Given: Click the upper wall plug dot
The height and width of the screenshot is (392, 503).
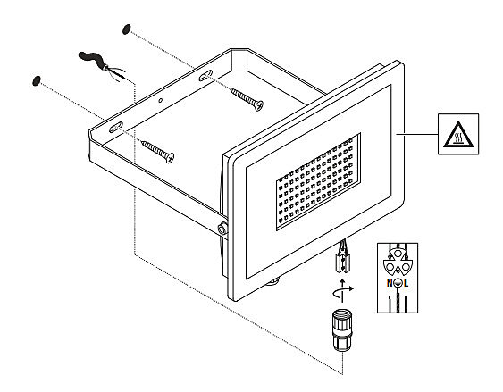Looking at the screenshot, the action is [127, 29].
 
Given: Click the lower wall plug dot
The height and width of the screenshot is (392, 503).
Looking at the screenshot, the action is [37, 80].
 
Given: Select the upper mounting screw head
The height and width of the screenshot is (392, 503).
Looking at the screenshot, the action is [258, 105].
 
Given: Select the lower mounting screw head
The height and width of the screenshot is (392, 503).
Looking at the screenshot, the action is [169, 157].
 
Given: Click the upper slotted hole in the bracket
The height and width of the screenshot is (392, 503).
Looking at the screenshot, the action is [205, 75].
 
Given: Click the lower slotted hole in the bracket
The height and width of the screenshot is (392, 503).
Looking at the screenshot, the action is [116, 128].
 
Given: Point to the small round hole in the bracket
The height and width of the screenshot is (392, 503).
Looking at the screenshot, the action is [161, 101].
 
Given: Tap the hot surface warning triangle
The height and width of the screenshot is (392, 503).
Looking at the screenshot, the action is [458, 135].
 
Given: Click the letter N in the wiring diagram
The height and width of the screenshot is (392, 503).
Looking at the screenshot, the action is [390, 283].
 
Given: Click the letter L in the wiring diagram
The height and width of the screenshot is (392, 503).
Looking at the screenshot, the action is [407, 283].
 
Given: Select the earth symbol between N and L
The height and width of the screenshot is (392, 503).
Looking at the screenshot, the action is [398, 283].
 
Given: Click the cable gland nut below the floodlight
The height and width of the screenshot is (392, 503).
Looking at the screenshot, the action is [342, 329].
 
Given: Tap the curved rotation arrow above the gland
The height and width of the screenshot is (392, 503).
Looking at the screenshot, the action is [343, 291].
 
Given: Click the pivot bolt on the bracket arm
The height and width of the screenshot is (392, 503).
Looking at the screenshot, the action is [222, 229].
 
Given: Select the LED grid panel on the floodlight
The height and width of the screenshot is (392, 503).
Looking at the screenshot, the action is [318, 182].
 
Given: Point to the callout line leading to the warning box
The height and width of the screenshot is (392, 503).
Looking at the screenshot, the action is [417, 134].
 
